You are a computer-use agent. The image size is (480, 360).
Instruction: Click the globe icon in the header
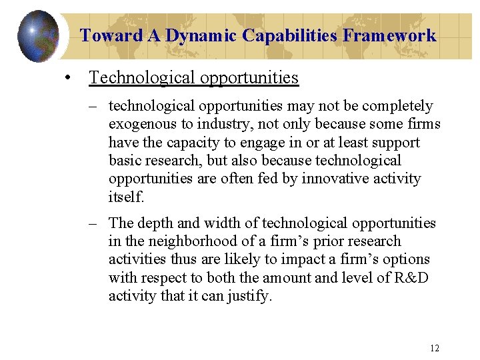click(38, 35)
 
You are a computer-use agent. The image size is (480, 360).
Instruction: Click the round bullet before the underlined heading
click(69, 79)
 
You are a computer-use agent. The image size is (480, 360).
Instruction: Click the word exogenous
click(141, 124)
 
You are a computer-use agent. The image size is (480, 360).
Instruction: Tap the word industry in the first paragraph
click(218, 124)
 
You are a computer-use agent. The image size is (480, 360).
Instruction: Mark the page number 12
click(435, 347)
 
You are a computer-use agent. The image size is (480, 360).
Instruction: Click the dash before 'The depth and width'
click(98, 223)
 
